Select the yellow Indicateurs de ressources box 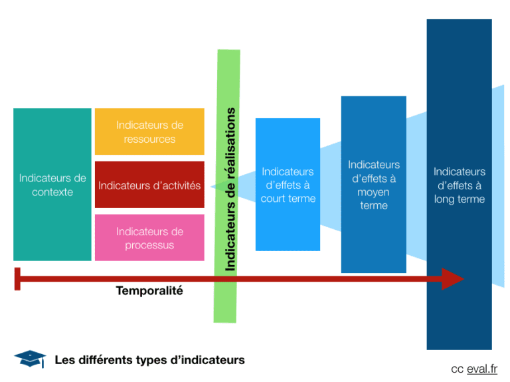coord(149,132)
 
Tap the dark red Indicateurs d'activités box coord(149,185)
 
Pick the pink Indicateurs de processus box coord(149,238)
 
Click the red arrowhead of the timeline coord(453,278)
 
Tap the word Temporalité coord(149,291)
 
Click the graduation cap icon coord(30,359)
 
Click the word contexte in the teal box coord(52,192)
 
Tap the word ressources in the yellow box coord(149,139)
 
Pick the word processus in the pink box coord(149,245)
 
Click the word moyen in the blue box coord(374,192)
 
